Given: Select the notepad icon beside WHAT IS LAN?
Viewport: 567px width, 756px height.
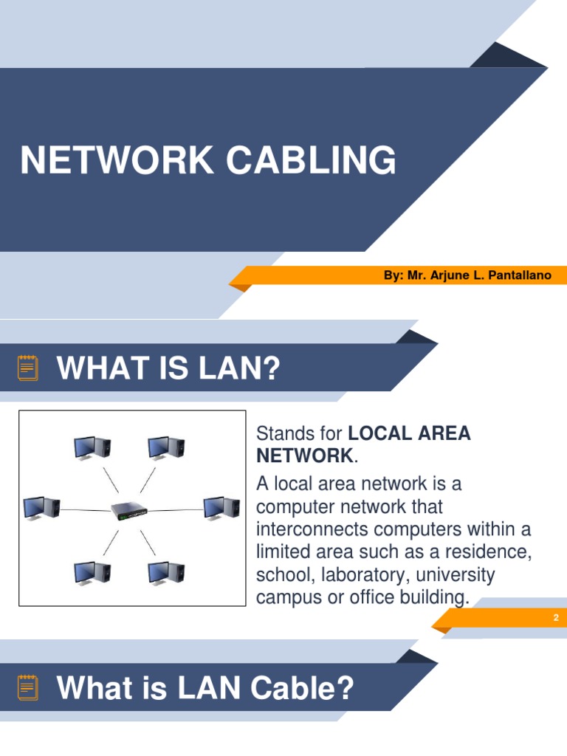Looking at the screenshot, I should pyautogui.click(x=28, y=368).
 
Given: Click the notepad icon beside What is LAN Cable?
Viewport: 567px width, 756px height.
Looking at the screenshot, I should pyautogui.click(x=28, y=687).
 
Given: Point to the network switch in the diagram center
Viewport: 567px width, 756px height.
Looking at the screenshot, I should pyautogui.click(x=129, y=510).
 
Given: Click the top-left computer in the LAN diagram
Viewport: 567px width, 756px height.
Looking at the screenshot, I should pyautogui.click(x=92, y=447).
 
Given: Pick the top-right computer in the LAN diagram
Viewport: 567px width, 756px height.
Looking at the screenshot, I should pyautogui.click(x=166, y=447).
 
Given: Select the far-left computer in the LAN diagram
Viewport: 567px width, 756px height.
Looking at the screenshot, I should pyautogui.click(x=41, y=507).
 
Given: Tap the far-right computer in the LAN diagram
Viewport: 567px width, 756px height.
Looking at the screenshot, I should pyautogui.click(x=221, y=508).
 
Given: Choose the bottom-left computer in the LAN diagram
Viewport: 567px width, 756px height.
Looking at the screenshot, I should pyautogui.click(x=92, y=573).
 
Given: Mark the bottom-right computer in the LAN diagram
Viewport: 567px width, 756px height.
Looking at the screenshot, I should pyautogui.click(x=166, y=573).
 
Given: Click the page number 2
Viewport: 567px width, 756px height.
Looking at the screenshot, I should pyautogui.click(x=556, y=617).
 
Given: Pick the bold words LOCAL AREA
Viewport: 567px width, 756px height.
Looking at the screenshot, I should pyautogui.click(x=409, y=433).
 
